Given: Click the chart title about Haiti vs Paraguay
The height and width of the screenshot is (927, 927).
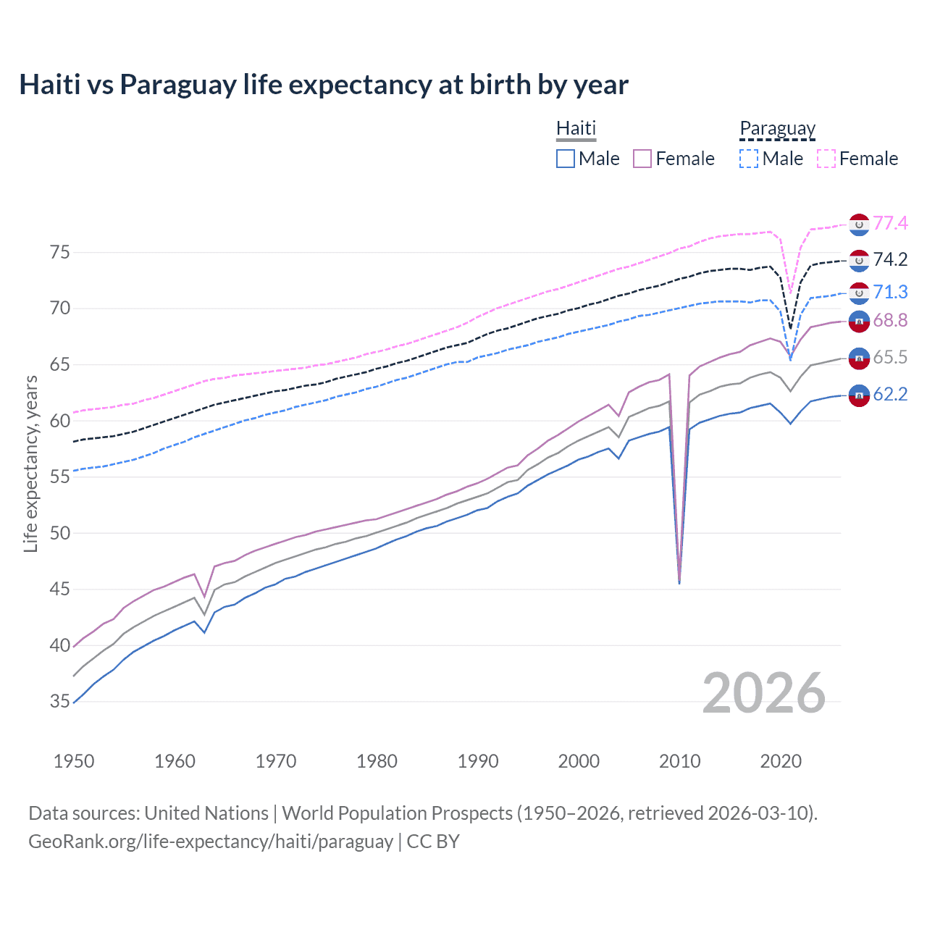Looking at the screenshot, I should tap(324, 85).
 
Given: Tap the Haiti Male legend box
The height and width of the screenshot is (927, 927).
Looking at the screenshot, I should tap(566, 159).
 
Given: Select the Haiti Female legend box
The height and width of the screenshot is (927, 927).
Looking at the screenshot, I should tap(642, 159).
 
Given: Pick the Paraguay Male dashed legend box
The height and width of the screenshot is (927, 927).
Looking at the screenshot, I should tap(749, 159).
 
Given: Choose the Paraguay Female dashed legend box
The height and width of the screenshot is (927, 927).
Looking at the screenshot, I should tap(826, 159).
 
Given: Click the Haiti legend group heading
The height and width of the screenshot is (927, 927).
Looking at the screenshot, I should tap(576, 128).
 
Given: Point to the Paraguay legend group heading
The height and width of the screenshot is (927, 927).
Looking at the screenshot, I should tap(777, 129).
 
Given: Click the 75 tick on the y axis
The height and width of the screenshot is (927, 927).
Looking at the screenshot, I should tap(60, 253).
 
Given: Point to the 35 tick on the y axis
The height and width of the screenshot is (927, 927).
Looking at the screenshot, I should tap(60, 701).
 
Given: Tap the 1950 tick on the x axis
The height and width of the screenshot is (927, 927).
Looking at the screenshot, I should tap(74, 761).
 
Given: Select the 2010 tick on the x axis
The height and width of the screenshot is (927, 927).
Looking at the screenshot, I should tap(679, 761).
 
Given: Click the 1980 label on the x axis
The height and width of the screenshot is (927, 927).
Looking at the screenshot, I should tap(377, 761).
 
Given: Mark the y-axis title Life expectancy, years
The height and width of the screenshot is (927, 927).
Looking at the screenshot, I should tap(30, 463).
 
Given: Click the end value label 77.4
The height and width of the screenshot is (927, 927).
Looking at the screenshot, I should tap(890, 223).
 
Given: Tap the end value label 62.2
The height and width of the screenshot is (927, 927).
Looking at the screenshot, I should tap(890, 394).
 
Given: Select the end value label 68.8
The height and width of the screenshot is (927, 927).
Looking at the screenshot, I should tap(890, 320).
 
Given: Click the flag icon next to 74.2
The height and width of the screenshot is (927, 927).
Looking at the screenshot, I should tap(859, 259).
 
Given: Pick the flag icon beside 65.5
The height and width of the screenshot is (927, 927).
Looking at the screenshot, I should tap(859, 357).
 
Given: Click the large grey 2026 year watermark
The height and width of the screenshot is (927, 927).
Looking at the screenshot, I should tap(764, 693).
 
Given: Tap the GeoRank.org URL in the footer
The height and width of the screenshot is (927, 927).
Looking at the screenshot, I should tap(211, 842).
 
